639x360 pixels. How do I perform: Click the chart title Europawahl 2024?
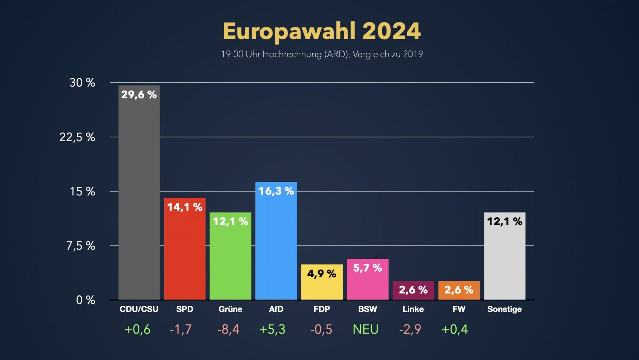322,31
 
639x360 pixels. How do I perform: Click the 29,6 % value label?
139,95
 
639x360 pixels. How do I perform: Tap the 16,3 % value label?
276,191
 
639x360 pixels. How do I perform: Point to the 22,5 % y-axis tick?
77,137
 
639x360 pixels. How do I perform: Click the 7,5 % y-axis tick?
81,246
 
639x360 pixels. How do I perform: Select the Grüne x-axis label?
230,309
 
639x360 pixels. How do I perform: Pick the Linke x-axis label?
413,309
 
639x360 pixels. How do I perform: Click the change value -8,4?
228,329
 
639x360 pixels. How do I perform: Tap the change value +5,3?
272,329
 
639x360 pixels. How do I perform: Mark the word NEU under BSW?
365,329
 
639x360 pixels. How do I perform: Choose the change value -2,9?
410,329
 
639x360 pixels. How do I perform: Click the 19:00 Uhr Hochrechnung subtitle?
322,54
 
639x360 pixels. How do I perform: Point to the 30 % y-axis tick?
82,83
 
